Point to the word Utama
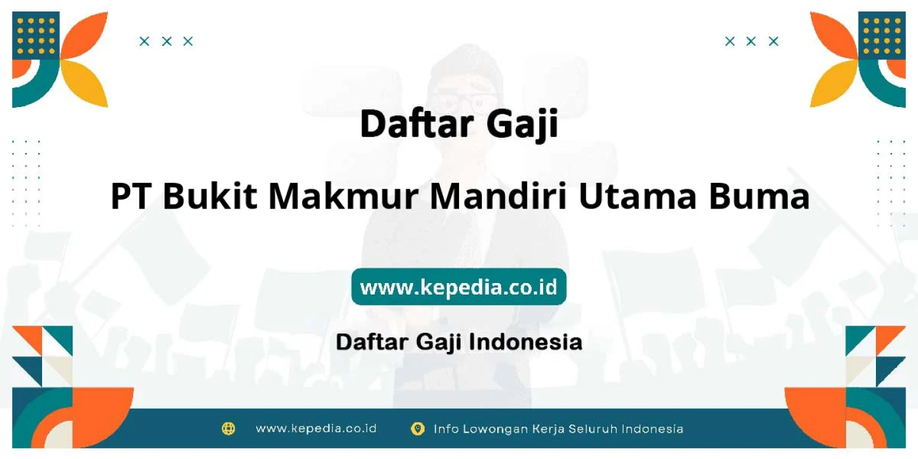[637, 198]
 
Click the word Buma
[759, 197]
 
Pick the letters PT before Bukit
[130, 197]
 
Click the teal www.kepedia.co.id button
[458, 287]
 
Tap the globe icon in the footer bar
[228, 428]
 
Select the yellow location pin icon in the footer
[418, 428]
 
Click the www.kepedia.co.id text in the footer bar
[316, 428]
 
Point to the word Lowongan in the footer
[495, 429]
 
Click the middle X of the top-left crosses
[166, 41]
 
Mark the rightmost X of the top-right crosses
[773, 41]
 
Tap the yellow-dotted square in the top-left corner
[36, 36]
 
